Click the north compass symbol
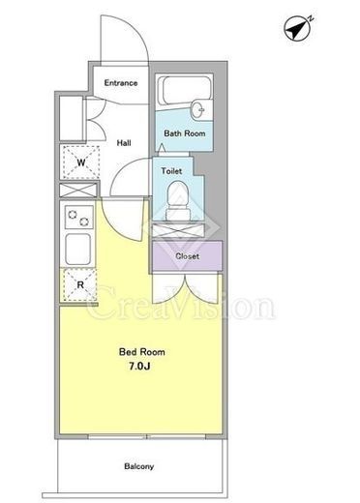click(297, 28)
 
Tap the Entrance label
click(121, 83)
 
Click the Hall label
click(124, 142)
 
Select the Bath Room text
click(185, 133)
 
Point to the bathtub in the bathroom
click(187, 90)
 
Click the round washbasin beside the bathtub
click(197, 110)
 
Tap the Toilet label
click(171, 171)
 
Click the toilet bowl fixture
click(177, 201)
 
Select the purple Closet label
click(187, 256)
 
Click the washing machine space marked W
click(81, 163)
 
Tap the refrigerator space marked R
click(80, 285)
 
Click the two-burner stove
click(79, 218)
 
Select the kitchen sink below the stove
click(78, 250)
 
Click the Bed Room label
click(142, 352)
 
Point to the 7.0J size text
click(139, 367)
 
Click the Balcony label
click(139, 466)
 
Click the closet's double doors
click(186, 288)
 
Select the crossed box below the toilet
click(178, 230)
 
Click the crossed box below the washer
click(78, 190)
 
